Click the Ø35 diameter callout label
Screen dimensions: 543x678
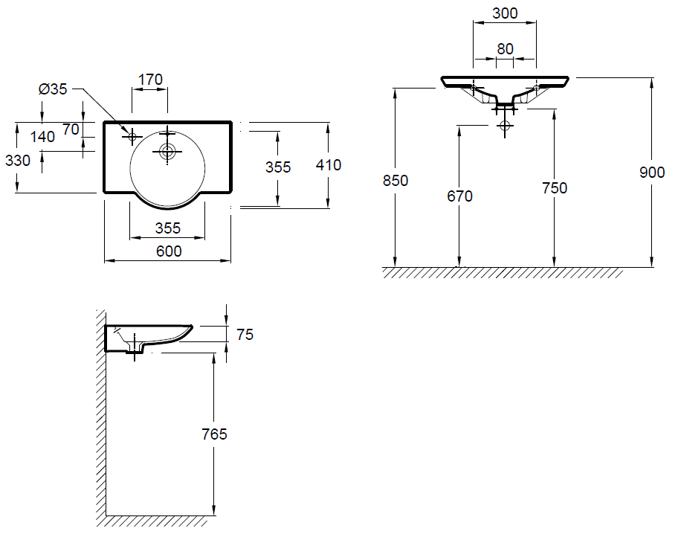53,89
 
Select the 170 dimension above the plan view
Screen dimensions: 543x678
149,79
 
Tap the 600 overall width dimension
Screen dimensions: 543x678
169,251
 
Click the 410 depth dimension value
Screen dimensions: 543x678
328,165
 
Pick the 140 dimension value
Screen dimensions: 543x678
42,136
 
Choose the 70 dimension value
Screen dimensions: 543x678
71,129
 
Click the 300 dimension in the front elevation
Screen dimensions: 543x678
505,13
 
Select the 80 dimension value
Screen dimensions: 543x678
505,48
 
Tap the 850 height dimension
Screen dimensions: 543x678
395,180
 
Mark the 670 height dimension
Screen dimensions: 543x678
459,196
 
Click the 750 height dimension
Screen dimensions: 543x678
554,188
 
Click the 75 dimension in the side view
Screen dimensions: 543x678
245,335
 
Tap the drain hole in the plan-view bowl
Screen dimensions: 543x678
167,152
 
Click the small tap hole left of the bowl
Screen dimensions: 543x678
132,136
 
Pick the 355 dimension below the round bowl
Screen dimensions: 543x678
168,228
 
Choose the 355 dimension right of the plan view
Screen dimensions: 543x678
278,167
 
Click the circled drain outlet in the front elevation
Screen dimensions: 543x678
506,126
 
